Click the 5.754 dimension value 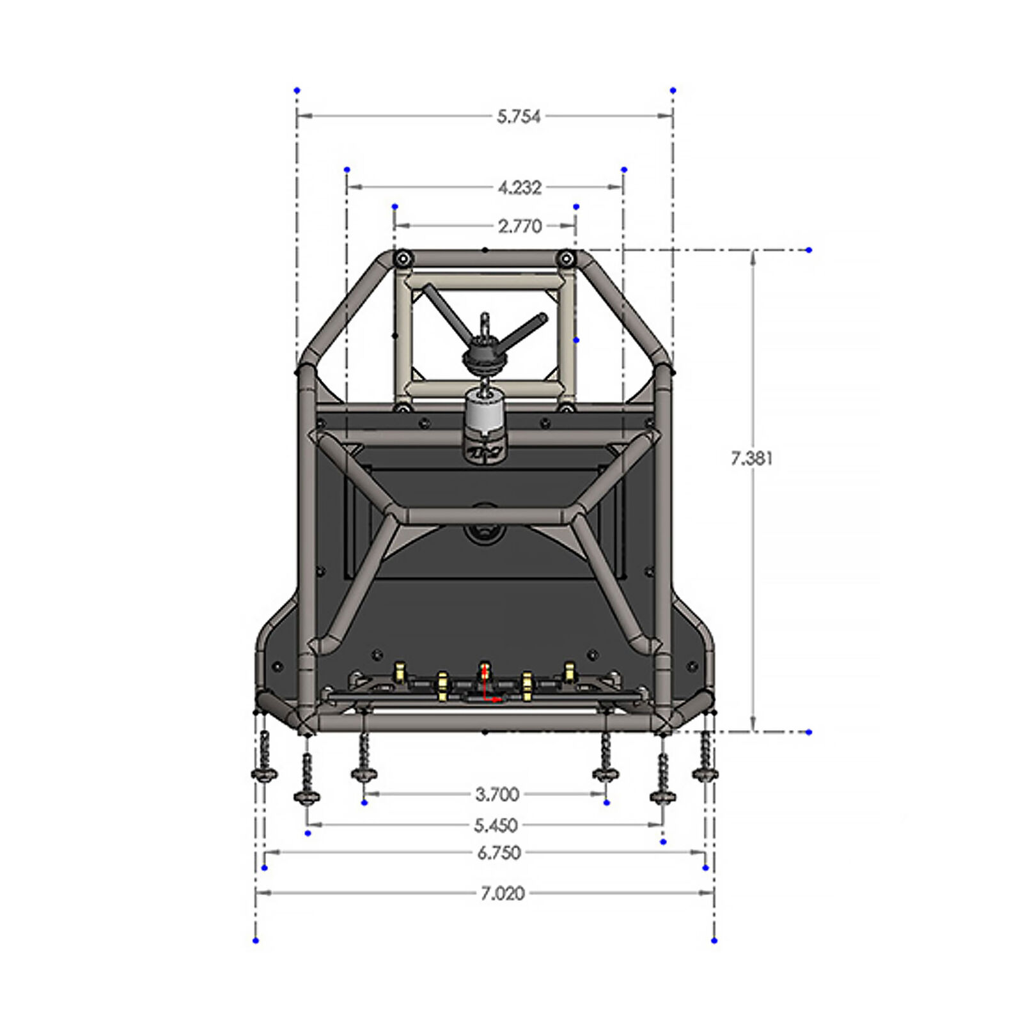[519, 116]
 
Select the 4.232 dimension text [520, 187]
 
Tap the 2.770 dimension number [520, 226]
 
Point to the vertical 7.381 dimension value [752, 458]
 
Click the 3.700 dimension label [497, 795]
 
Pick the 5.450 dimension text [496, 825]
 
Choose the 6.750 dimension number [499, 853]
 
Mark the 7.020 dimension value [503, 893]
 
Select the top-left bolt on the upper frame [402, 259]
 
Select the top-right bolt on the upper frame [566, 259]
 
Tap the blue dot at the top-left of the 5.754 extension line [297, 91]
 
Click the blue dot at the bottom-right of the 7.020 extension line [714, 941]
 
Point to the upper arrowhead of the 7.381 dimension [753, 256]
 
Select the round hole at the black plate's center [484, 531]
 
